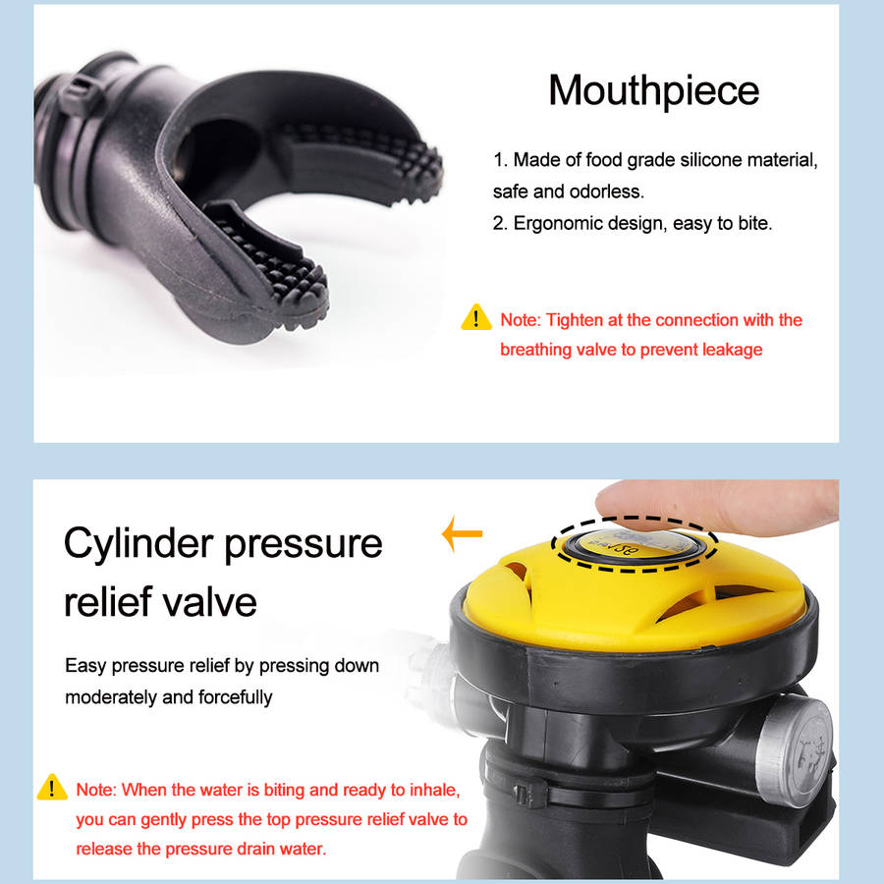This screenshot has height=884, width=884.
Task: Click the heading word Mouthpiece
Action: coord(654,90)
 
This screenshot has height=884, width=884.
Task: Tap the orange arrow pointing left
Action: coord(463,533)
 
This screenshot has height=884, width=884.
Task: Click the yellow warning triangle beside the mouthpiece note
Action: coord(476,317)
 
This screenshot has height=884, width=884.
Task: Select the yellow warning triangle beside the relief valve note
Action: coord(52,787)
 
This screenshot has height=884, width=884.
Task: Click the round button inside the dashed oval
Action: coord(635,544)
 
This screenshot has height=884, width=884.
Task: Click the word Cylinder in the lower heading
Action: coord(138,544)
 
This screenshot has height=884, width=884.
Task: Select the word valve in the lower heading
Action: coord(209,602)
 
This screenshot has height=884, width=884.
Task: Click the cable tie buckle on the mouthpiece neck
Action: coord(79,93)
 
